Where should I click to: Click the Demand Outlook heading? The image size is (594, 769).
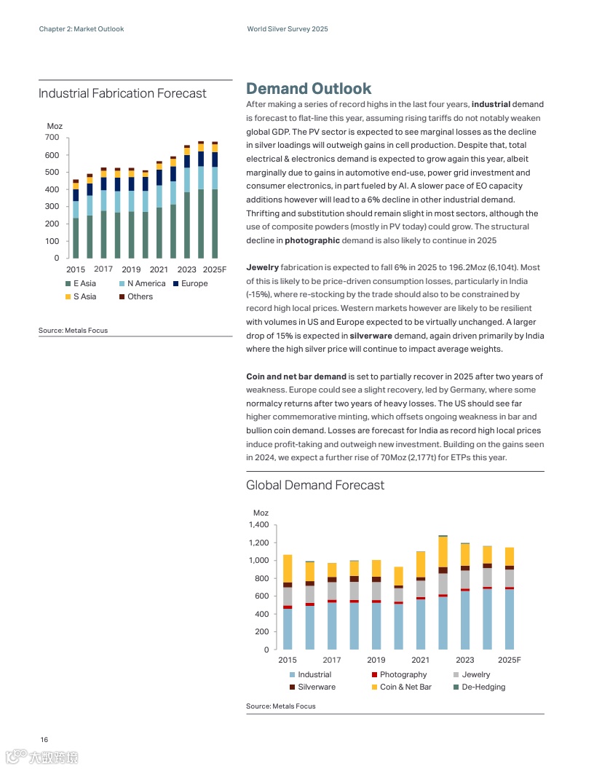(309, 89)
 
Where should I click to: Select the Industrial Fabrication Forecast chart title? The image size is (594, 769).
(122, 93)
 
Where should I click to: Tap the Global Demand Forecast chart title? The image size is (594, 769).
(315, 485)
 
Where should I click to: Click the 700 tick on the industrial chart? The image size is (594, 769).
(51, 138)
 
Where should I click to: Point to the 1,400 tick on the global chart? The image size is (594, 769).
(259, 525)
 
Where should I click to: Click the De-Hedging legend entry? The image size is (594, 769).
(483, 687)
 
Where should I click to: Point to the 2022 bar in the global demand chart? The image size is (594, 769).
(443, 593)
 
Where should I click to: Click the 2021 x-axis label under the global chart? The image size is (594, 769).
(420, 660)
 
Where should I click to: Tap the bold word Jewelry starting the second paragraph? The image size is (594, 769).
(262, 268)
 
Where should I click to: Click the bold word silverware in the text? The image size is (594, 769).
(371, 336)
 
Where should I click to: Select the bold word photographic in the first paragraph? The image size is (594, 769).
(312, 240)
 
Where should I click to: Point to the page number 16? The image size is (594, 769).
(44, 740)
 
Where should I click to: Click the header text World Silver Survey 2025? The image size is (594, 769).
(288, 29)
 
